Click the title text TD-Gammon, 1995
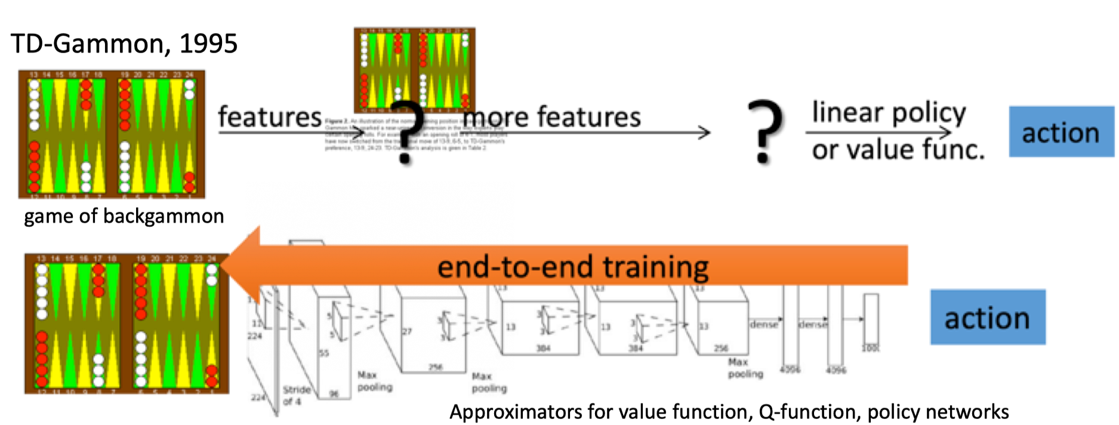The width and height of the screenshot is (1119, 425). click(124, 44)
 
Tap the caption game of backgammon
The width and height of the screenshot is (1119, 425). click(124, 216)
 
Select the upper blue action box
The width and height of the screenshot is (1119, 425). click(1061, 132)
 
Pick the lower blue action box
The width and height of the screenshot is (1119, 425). click(987, 318)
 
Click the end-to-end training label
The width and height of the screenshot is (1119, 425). click(573, 266)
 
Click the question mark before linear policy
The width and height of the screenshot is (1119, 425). click(765, 132)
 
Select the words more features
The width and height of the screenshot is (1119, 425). click(552, 116)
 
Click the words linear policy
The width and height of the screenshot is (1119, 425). click(889, 112)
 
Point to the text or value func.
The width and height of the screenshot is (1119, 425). click(898, 149)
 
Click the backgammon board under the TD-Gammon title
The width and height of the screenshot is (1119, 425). click(112, 134)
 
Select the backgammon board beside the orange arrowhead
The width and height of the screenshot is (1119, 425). click(126, 323)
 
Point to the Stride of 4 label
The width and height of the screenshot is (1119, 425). click(297, 396)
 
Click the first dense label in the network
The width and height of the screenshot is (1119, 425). click(764, 324)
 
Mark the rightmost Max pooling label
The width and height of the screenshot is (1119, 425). click(745, 368)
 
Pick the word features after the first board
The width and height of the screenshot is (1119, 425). click(270, 116)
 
